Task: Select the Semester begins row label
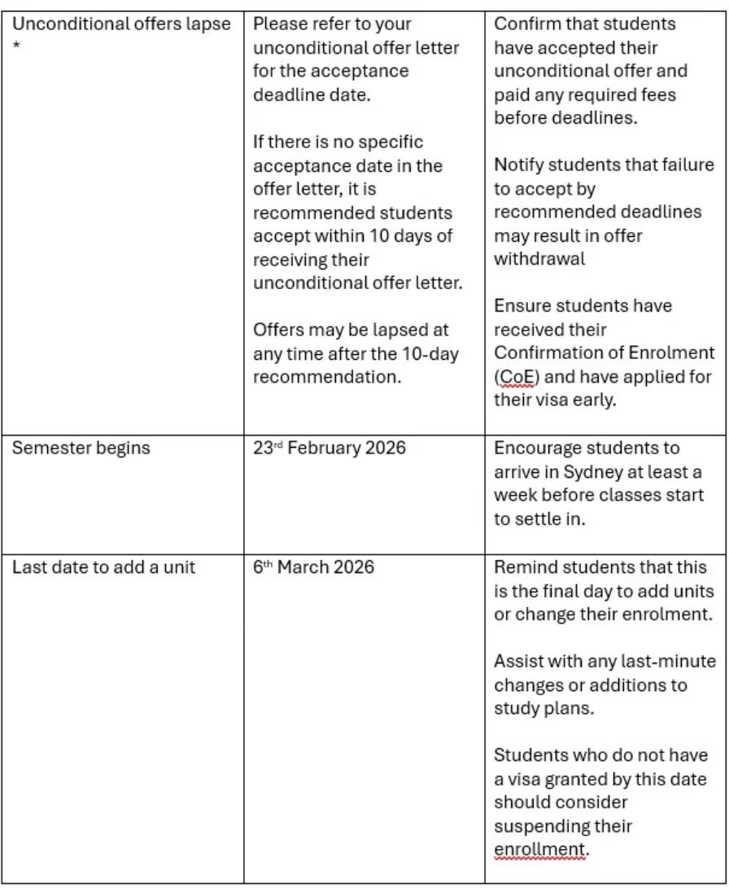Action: coord(81,448)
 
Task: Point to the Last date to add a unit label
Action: coord(103,567)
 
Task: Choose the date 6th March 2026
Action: coord(313,567)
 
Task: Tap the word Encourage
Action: coord(538,448)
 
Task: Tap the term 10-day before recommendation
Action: coord(437,354)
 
